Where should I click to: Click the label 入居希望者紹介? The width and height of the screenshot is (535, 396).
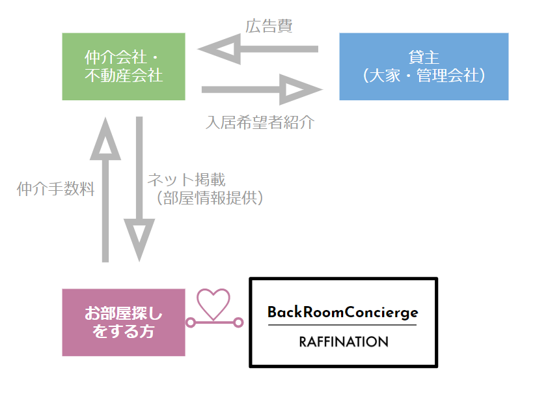point(260,122)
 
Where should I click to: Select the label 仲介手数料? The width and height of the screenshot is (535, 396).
point(56,190)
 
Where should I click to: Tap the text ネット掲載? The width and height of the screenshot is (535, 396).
point(185,180)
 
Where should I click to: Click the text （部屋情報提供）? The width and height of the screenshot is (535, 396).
point(209,198)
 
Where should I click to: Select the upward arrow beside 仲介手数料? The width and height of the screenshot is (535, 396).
point(105,189)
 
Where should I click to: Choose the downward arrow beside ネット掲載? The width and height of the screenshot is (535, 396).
point(140,189)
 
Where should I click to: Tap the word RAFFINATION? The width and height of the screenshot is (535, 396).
point(343,342)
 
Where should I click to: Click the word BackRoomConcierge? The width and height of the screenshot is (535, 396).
point(342,313)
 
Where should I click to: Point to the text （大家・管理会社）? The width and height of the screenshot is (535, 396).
point(424,76)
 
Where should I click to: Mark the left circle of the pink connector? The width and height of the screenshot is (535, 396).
point(191,322)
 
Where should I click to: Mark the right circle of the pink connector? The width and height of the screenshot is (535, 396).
point(238,322)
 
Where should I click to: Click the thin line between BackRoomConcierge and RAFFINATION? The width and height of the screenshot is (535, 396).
point(342,326)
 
